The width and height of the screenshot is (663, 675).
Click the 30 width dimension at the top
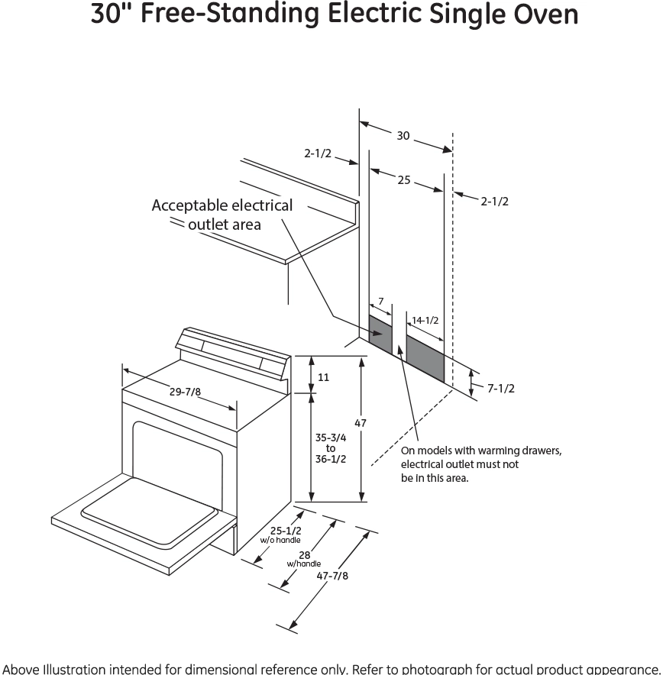click(x=403, y=136)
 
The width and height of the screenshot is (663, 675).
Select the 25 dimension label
click(x=403, y=180)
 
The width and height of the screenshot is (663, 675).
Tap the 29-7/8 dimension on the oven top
click(x=186, y=392)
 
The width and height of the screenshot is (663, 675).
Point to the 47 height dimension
click(x=361, y=422)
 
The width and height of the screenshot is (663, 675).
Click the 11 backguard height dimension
click(x=323, y=377)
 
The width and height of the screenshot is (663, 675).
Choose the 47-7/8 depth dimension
click(x=332, y=576)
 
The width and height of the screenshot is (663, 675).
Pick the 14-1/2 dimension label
click(x=425, y=320)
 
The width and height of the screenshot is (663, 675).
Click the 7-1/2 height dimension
click(x=501, y=388)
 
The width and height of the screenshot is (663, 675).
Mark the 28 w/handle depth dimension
click(x=304, y=557)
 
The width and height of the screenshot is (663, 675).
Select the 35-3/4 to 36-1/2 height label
click(x=331, y=448)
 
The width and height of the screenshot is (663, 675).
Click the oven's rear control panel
click(x=233, y=352)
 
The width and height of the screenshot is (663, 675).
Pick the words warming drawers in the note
click(x=519, y=451)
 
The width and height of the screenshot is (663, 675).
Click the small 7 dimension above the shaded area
click(x=380, y=302)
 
